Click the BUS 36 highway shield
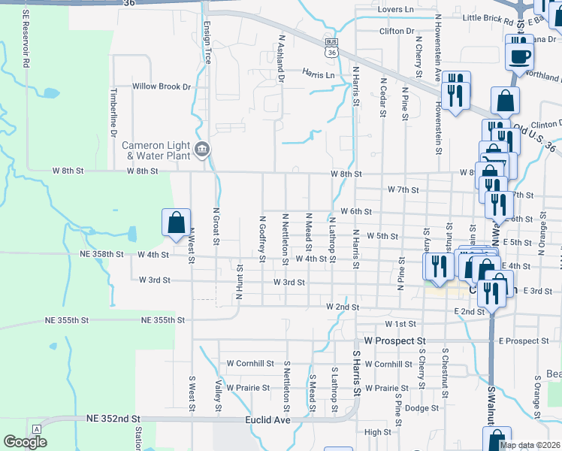point(331,47)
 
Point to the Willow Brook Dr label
point(162,86)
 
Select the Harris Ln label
point(319,74)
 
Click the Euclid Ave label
point(270,420)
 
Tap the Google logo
point(25,442)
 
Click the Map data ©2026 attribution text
point(530,445)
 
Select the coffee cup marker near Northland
point(519,55)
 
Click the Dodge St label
point(421,408)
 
